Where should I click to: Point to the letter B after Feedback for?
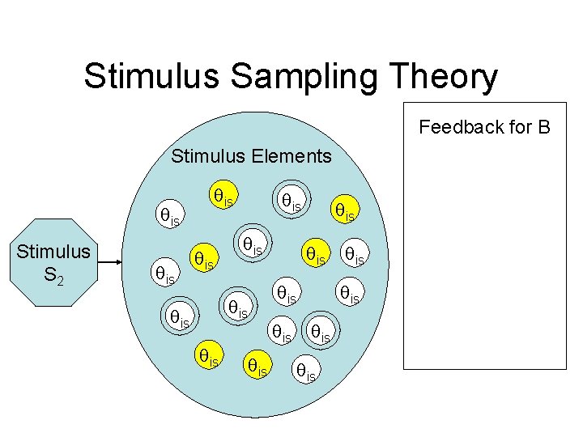[542, 127]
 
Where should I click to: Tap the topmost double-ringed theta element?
[289, 203]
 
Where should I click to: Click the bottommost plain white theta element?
[306, 371]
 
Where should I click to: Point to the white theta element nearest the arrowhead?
[164, 275]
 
